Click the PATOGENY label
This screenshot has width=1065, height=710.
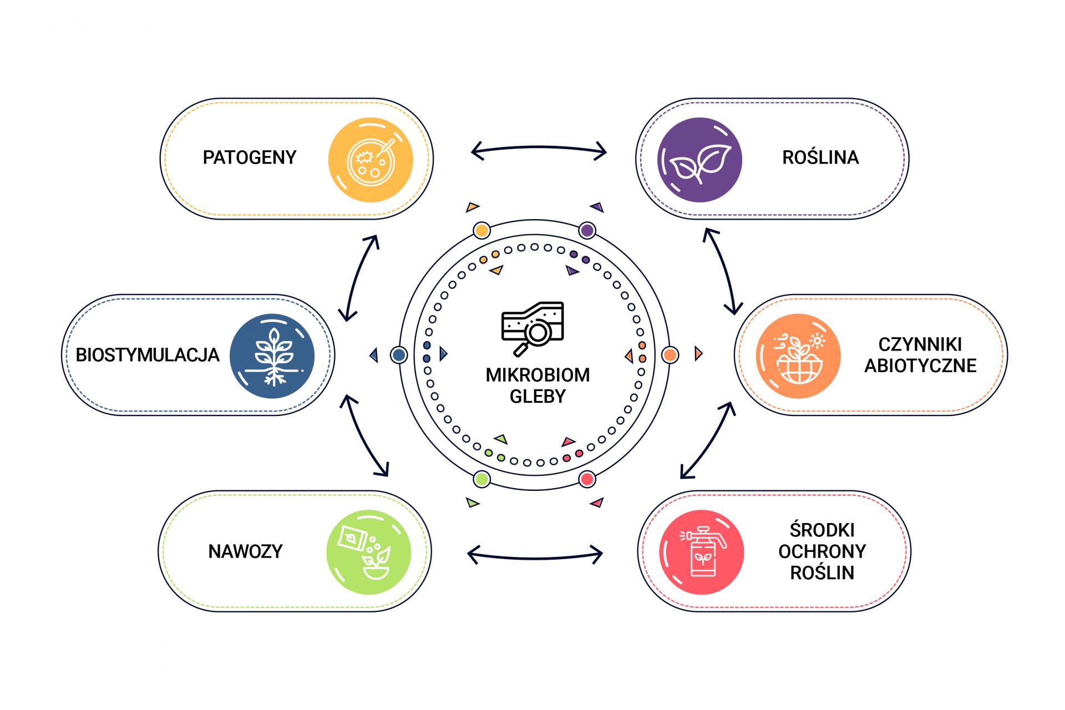pyautogui.click(x=249, y=158)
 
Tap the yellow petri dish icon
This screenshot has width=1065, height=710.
pyautogui.click(x=371, y=160)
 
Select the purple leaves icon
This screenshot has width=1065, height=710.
pyautogui.click(x=699, y=160)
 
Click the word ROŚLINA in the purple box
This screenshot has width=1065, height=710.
pyautogui.click(x=820, y=158)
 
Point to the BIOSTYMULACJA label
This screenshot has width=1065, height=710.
pyautogui.click(x=148, y=355)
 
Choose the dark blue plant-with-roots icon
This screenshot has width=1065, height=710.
pyautogui.click(x=272, y=356)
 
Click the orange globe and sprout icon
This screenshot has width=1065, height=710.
pyautogui.click(x=798, y=356)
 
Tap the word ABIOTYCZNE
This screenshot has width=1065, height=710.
pyautogui.click(x=920, y=366)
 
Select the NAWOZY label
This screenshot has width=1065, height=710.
pyautogui.click(x=245, y=551)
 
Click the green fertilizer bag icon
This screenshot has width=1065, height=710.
pyautogui.click(x=369, y=552)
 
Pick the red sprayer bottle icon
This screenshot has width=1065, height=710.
pyautogui.click(x=702, y=552)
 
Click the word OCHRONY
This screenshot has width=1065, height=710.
pyautogui.click(x=822, y=551)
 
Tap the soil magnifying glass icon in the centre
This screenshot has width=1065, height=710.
pyautogui.click(x=532, y=328)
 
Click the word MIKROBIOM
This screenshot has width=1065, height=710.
pyautogui.click(x=537, y=376)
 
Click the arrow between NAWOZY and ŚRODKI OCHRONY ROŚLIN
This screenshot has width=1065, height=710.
pyautogui.click(x=535, y=554)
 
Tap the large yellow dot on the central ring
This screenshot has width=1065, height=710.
pyautogui.click(x=482, y=230)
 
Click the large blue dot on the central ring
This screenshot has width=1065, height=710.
pyautogui.click(x=399, y=354)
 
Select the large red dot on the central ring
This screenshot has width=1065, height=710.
pyautogui.click(x=587, y=479)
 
